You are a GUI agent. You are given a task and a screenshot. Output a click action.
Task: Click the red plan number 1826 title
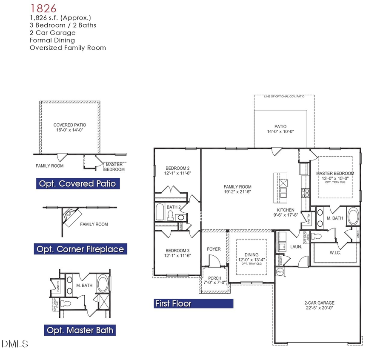43,8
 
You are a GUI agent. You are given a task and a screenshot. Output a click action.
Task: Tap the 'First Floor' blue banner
193,303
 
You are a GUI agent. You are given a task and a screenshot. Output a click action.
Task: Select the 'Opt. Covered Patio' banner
77,183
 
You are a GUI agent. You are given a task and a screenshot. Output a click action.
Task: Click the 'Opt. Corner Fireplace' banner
80,249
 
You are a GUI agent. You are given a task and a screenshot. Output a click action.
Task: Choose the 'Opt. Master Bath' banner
80,330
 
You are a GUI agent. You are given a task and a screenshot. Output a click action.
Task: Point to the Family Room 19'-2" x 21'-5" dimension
237,192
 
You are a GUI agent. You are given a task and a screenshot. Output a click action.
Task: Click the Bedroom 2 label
177,168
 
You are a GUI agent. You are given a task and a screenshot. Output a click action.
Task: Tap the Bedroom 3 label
177,250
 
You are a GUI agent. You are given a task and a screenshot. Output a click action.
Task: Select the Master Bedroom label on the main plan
335,173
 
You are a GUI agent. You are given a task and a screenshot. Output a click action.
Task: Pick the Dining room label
252,254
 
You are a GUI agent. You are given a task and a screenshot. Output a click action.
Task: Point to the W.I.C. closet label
335,252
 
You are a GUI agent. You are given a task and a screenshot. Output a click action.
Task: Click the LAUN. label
296,246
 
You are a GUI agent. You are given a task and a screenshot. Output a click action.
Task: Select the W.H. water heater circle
280,271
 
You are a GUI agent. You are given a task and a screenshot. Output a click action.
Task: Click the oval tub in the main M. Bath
353,217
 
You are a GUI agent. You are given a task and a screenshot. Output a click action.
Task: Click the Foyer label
214,249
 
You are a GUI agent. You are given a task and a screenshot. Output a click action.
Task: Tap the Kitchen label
286,210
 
